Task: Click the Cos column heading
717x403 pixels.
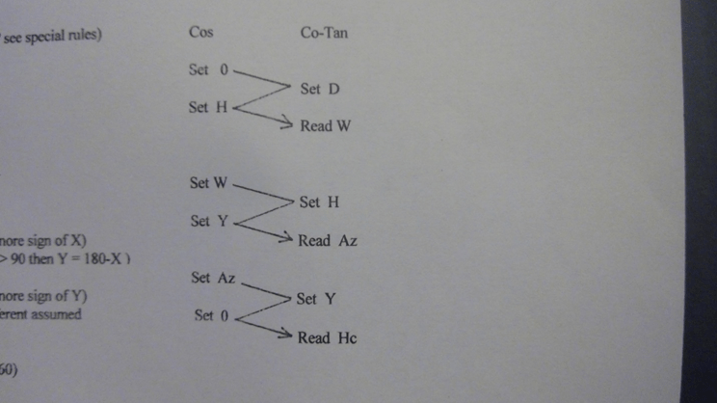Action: coord(201,33)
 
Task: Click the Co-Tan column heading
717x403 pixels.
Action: coord(325,33)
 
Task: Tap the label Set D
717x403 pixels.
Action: coord(320,90)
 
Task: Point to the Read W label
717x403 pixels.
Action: coord(325,126)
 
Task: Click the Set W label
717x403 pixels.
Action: coord(208,182)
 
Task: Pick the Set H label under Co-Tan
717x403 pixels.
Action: coord(319,202)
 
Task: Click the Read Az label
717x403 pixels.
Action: coord(328,241)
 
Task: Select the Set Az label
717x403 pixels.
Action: coord(213,278)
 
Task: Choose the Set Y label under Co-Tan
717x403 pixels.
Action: coord(316,299)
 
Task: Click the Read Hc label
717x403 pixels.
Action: coord(327,338)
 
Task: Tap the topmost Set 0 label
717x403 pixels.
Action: coord(209,70)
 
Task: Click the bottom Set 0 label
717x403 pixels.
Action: coord(212,315)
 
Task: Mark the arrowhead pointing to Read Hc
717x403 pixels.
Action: coord(286,336)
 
